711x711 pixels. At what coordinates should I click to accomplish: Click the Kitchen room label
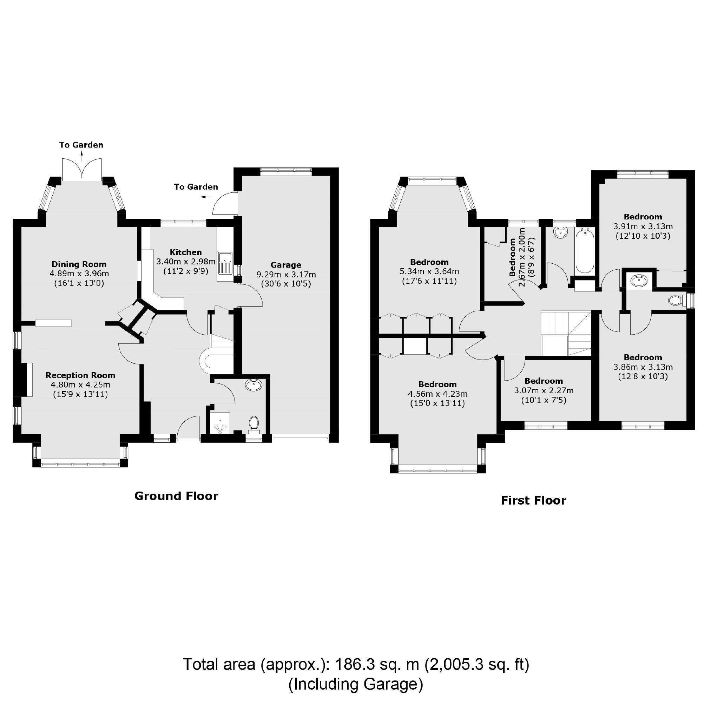pos(185,252)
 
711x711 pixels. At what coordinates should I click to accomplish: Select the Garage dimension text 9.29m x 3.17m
pos(286,275)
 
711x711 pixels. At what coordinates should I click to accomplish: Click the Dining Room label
pos(79,264)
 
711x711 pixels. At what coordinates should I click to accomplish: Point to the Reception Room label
pos(80,375)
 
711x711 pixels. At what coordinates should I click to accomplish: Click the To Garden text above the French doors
pos(81,145)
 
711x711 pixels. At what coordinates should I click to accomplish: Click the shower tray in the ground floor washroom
pos(220,423)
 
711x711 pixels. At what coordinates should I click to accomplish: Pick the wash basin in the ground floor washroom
pos(254,385)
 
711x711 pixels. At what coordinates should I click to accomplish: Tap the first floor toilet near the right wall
pos(675,301)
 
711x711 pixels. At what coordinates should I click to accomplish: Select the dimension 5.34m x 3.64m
pos(429,272)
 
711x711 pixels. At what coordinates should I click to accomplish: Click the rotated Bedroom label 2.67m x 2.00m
pos(512,257)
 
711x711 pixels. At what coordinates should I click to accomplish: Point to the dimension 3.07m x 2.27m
pos(544,390)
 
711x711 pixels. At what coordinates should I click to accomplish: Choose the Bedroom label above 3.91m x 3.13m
pos(643,217)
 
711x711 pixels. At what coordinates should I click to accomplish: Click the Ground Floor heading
pos(176,496)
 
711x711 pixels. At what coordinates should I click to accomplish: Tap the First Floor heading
pos(533,500)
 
